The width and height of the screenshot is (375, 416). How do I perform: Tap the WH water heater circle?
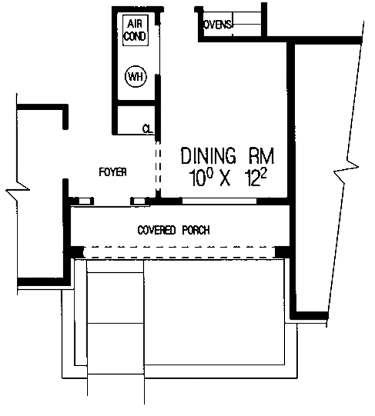click(136, 76)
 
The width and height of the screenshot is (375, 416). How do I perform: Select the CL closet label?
click(148, 129)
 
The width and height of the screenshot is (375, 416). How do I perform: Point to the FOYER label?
click(112, 172)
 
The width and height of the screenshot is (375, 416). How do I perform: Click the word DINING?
click(208, 156)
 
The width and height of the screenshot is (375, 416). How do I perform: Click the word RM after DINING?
click(261, 156)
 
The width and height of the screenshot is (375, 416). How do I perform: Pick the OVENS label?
click(218, 25)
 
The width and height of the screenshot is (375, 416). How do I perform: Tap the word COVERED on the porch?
click(157, 230)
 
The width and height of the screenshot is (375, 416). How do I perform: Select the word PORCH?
click(196, 230)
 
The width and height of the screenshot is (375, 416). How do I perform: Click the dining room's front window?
click(219, 201)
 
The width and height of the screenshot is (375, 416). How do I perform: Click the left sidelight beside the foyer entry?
click(84, 201)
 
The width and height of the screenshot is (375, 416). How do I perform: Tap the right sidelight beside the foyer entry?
click(139, 201)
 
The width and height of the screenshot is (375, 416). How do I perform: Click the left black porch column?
click(77, 252)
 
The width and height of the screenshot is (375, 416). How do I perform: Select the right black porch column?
click(282, 252)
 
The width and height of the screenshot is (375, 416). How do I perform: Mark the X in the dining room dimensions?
click(224, 179)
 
